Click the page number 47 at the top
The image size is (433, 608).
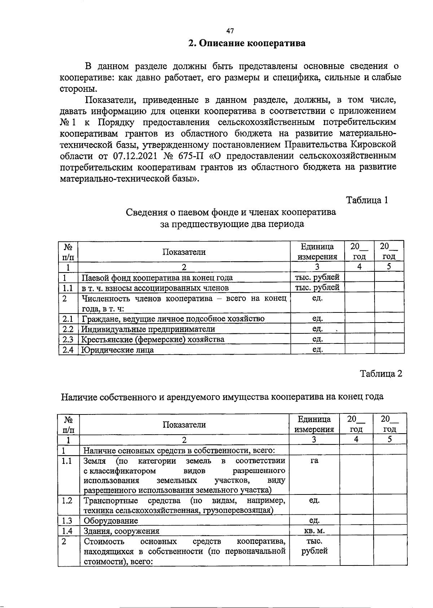pyautogui.click(x=230, y=31)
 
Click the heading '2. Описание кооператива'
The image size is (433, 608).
pyautogui.click(x=247, y=44)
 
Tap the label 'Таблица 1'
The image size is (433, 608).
pyautogui.click(x=367, y=200)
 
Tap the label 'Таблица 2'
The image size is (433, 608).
pyautogui.click(x=381, y=373)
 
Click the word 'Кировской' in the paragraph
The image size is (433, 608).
pyautogui.click(x=373, y=145)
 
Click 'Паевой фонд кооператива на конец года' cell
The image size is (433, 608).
pyautogui.click(x=157, y=278)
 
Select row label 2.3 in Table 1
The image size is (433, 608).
pyautogui.click(x=68, y=339)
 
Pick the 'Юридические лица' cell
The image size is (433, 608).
pyautogui.click(x=118, y=350)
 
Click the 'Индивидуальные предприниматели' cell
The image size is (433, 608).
pyautogui.click(x=148, y=329)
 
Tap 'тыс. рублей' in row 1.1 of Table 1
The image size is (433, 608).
pyautogui.click(x=317, y=288)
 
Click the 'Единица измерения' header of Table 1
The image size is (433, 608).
pyautogui.click(x=317, y=252)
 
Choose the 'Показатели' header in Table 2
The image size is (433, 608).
pyautogui.click(x=184, y=425)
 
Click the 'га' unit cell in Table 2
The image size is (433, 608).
pyautogui.click(x=314, y=461)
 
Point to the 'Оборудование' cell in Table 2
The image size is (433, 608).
pyautogui.click(x=111, y=521)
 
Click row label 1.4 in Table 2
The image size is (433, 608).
pyautogui.click(x=67, y=531)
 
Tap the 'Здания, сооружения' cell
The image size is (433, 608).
pyautogui.click(x=121, y=531)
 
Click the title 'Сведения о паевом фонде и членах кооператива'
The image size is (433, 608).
pyautogui.click(x=231, y=212)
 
